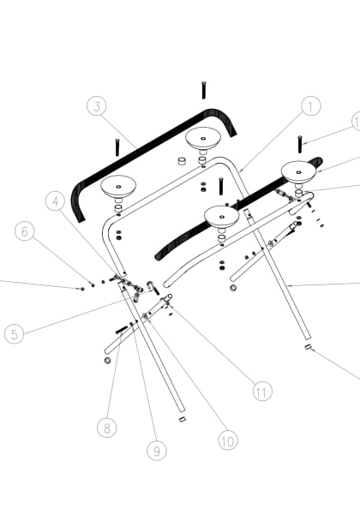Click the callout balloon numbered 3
99,107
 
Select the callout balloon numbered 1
310,106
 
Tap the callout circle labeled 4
56,202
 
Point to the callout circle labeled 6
25,231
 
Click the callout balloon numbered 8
106,428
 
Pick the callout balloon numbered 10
227,441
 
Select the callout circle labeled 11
262,391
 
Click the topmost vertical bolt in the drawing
204,89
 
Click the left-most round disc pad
117,184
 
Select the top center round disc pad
203,136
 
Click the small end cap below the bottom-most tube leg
182,420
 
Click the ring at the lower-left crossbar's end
107,361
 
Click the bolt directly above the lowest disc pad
221,186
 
